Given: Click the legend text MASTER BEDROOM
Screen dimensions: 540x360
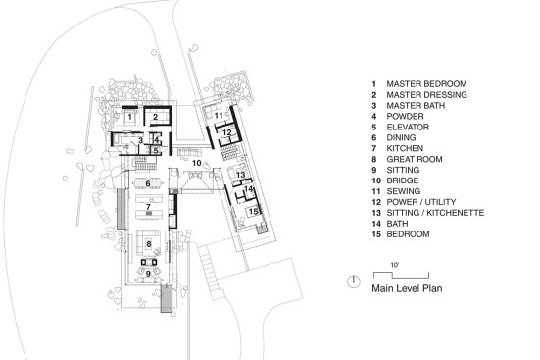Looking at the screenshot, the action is tap(426, 84).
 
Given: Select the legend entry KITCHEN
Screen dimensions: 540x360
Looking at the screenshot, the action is tap(405, 149).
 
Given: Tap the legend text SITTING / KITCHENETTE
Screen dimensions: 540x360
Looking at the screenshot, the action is tap(435, 213).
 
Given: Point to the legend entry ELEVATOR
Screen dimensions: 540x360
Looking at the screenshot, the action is tap(408, 128).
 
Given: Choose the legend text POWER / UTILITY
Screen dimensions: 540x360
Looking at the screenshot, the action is tap(421, 202).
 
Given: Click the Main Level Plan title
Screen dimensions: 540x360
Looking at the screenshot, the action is tap(407, 288).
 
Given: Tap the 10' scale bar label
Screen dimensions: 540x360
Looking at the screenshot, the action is tap(395, 265).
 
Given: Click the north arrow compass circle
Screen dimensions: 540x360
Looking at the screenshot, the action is tap(353, 282).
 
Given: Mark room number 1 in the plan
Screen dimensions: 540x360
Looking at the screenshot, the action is tap(129, 117).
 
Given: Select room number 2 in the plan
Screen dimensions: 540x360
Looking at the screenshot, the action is tap(155, 117).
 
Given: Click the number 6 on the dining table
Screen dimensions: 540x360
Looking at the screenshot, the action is tap(148, 183).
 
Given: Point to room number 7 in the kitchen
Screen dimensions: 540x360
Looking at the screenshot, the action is tap(148, 207).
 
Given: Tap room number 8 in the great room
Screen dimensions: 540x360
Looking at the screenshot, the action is tap(148, 244).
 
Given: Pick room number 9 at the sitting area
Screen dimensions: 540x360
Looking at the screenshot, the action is tap(148, 274).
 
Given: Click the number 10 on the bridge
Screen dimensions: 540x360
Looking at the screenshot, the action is tap(197, 163).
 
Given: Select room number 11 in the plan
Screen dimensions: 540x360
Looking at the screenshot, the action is tap(219, 116).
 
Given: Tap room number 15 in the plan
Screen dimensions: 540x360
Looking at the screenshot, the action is tap(253, 211).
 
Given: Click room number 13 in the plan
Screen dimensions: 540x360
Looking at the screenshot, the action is tap(241, 175).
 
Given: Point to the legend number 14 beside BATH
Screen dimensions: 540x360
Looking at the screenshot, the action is tap(376, 224).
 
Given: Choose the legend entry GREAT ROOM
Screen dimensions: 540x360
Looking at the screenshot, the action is tap(415, 159).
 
